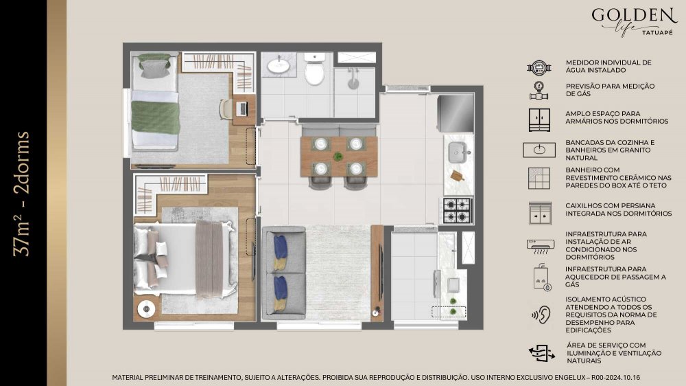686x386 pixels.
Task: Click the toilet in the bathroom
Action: coord(314,69)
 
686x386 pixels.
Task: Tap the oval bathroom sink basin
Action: coord(279,66)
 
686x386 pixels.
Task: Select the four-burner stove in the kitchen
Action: coord(457,210)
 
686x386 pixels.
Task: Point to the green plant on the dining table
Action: coord(338,156)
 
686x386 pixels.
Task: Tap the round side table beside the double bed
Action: coord(146,309)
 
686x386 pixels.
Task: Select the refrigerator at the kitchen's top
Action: coord(456,113)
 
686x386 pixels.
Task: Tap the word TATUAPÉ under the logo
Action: coord(657,32)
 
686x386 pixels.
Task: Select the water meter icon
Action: coord(539,67)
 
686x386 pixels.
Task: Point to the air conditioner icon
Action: coord(541,247)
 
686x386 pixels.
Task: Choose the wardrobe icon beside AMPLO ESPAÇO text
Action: coord(539,120)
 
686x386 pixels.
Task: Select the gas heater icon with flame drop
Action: coord(542,277)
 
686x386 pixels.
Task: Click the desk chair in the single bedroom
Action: coord(225,109)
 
